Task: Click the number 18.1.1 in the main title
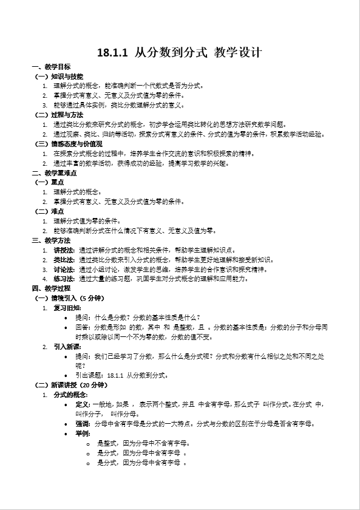pyautogui.click(x=112, y=53)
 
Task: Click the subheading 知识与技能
pyautogui.click(x=67, y=76)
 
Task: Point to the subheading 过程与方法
pyautogui.click(x=67, y=114)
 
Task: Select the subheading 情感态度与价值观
pyautogui.click(x=76, y=144)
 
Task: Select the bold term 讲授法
pyautogui.click(x=64, y=250)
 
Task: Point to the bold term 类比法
pyautogui.click(x=64, y=259)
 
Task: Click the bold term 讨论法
pyautogui.click(x=64, y=269)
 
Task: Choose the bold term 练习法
pyautogui.click(x=64, y=279)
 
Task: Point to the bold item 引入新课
pyautogui.click(x=67, y=347)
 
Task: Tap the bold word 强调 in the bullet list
pyautogui.click(x=83, y=424)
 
